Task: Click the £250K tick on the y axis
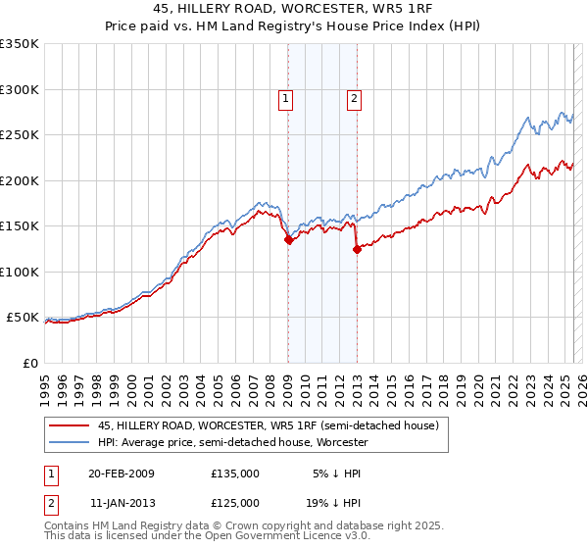tap(20, 135)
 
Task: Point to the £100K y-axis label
tap(20, 272)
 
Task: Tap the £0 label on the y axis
tap(29, 363)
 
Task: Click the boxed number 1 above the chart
tap(285, 97)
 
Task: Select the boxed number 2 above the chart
tap(353, 97)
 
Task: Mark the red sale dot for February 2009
tap(288, 239)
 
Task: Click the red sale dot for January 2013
tap(356, 249)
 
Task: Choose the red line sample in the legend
tap(69, 426)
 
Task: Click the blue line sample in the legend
tap(69, 442)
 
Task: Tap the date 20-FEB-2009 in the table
tap(122, 474)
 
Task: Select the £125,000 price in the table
tap(235, 503)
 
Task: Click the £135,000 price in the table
tap(235, 474)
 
